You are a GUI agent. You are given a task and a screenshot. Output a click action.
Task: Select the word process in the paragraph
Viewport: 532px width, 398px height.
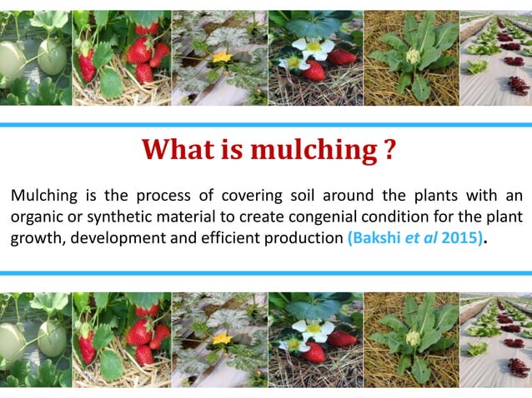click(175, 197)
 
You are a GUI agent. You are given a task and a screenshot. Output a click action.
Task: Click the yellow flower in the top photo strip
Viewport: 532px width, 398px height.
click(221, 58)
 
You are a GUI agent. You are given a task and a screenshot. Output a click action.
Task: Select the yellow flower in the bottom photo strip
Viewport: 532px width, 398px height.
click(221, 339)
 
